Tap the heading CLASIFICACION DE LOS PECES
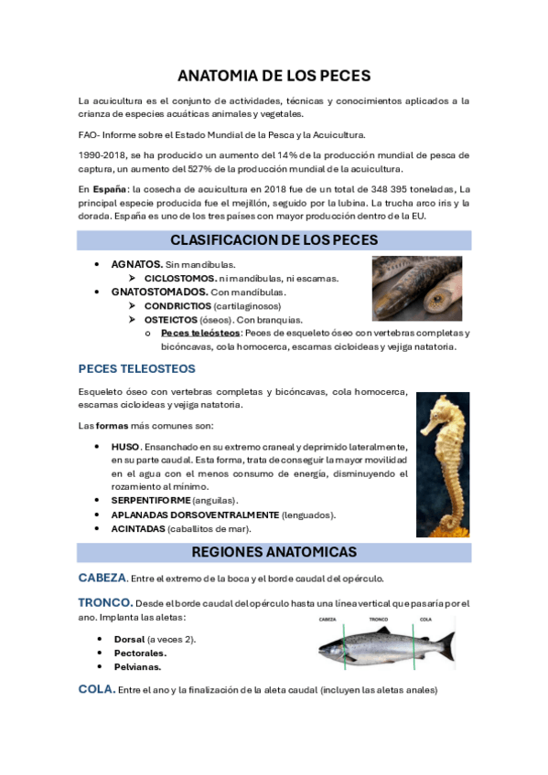[274, 240]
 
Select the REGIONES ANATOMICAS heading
[274, 552]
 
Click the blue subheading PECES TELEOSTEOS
[136, 369]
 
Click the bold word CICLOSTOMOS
[180, 278]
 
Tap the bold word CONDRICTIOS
[177, 306]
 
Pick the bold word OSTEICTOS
[170, 320]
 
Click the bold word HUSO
[125, 447]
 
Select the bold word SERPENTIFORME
[151, 501]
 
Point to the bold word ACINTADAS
[138, 528]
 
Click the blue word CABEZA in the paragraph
[102, 578]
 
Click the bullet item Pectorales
[140, 653]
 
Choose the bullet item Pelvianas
[137, 667]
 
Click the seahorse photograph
[443, 464]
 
